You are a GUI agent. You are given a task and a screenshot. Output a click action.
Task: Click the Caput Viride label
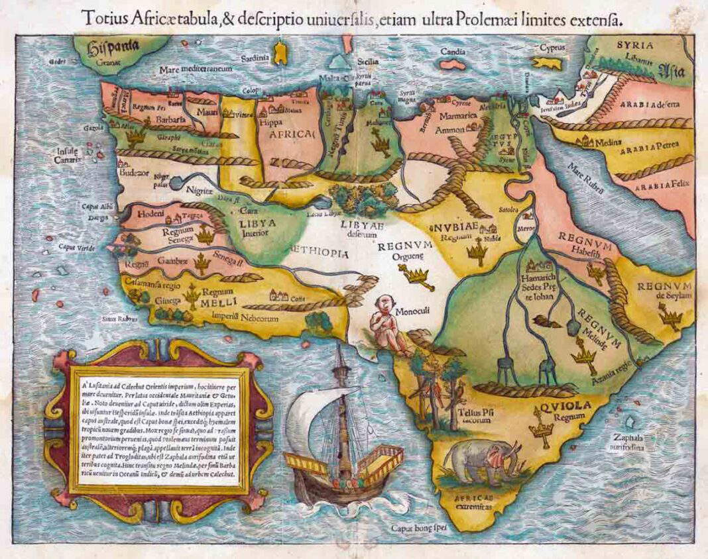[x=75, y=247]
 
